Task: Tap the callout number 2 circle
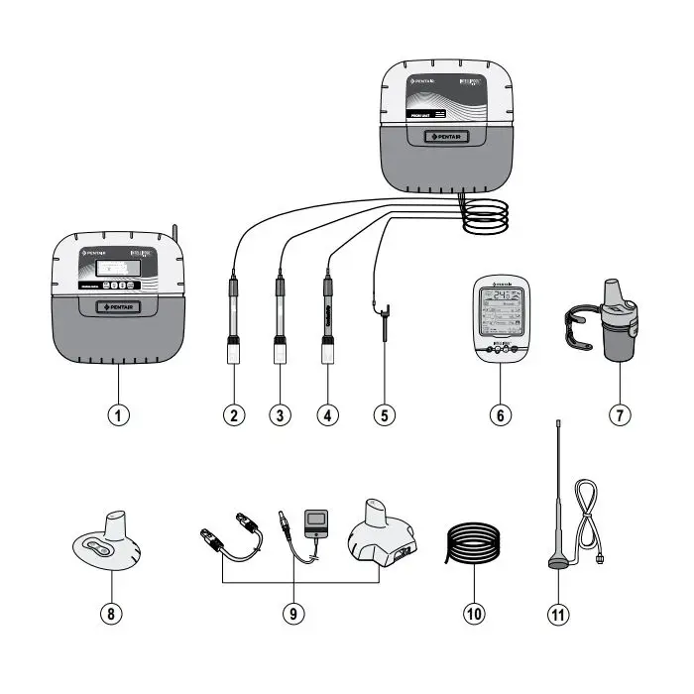234,414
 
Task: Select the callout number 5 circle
384,414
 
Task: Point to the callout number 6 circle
500,414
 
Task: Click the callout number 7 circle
618,414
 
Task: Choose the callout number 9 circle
292,614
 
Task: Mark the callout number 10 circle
473,614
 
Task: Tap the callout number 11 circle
561,614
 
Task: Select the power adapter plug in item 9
318,521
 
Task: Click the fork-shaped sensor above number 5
383,322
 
